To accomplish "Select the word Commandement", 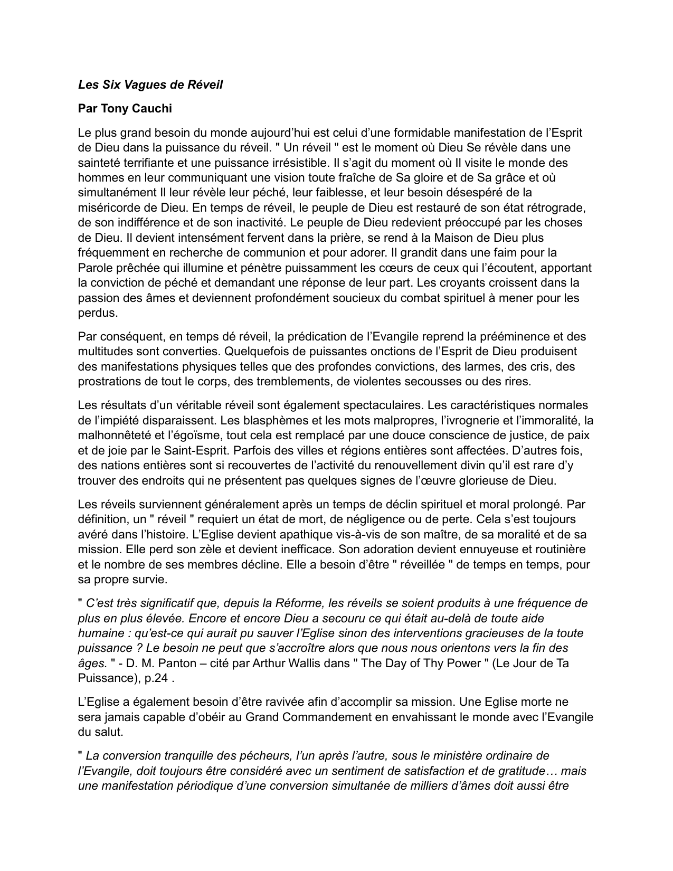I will coord(312,717).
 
